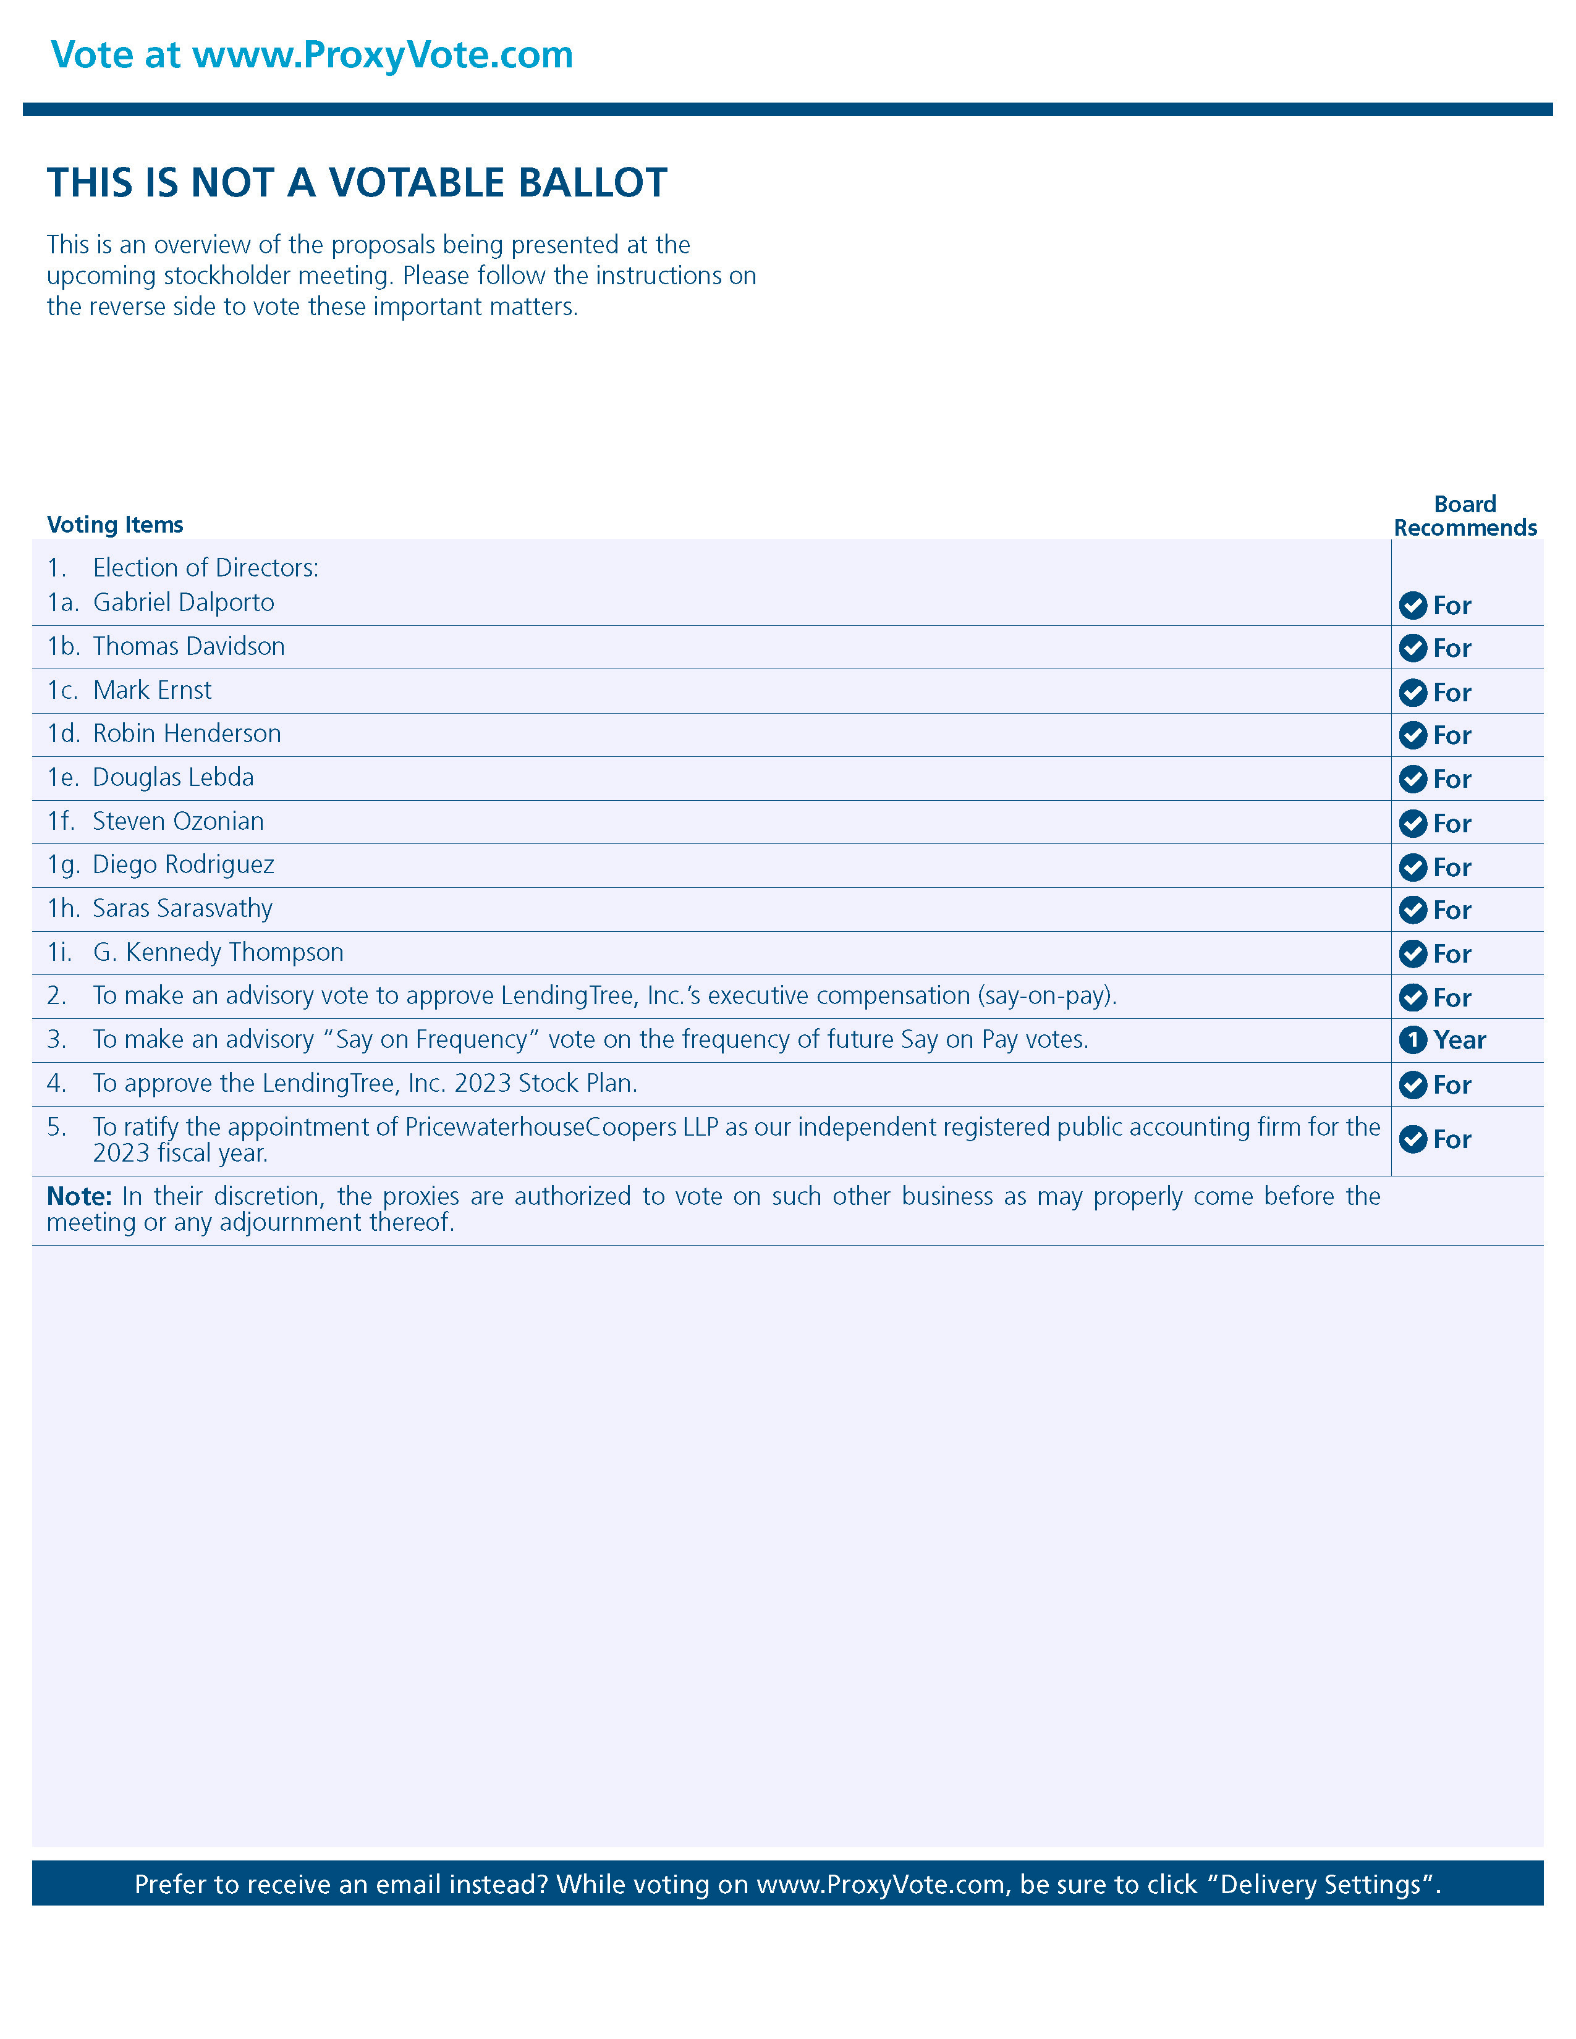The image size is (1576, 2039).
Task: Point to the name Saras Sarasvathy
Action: [182, 908]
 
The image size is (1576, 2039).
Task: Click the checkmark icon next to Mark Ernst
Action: [1413, 693]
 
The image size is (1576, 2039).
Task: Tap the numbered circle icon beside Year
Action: [1413, 1040]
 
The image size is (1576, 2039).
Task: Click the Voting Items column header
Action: [115, 525]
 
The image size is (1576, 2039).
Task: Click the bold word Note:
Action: [79, 1197]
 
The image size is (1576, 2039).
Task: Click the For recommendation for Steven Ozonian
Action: [1452, 824]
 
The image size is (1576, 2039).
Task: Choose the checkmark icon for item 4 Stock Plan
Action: [1413, 1085]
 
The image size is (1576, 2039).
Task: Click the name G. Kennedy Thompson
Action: [218, 952]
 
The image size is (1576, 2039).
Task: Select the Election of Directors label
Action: [205, 568]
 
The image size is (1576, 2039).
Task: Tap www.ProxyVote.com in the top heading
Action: [382, 55]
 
